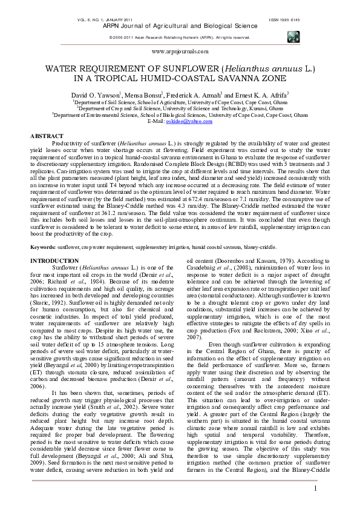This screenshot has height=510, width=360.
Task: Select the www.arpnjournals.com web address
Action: tap(180, 53)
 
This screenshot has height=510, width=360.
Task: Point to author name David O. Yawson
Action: tap(96, 96)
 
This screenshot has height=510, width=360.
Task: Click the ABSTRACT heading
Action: tap(47, 136)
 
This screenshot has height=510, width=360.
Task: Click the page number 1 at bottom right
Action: tap(315, 489)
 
